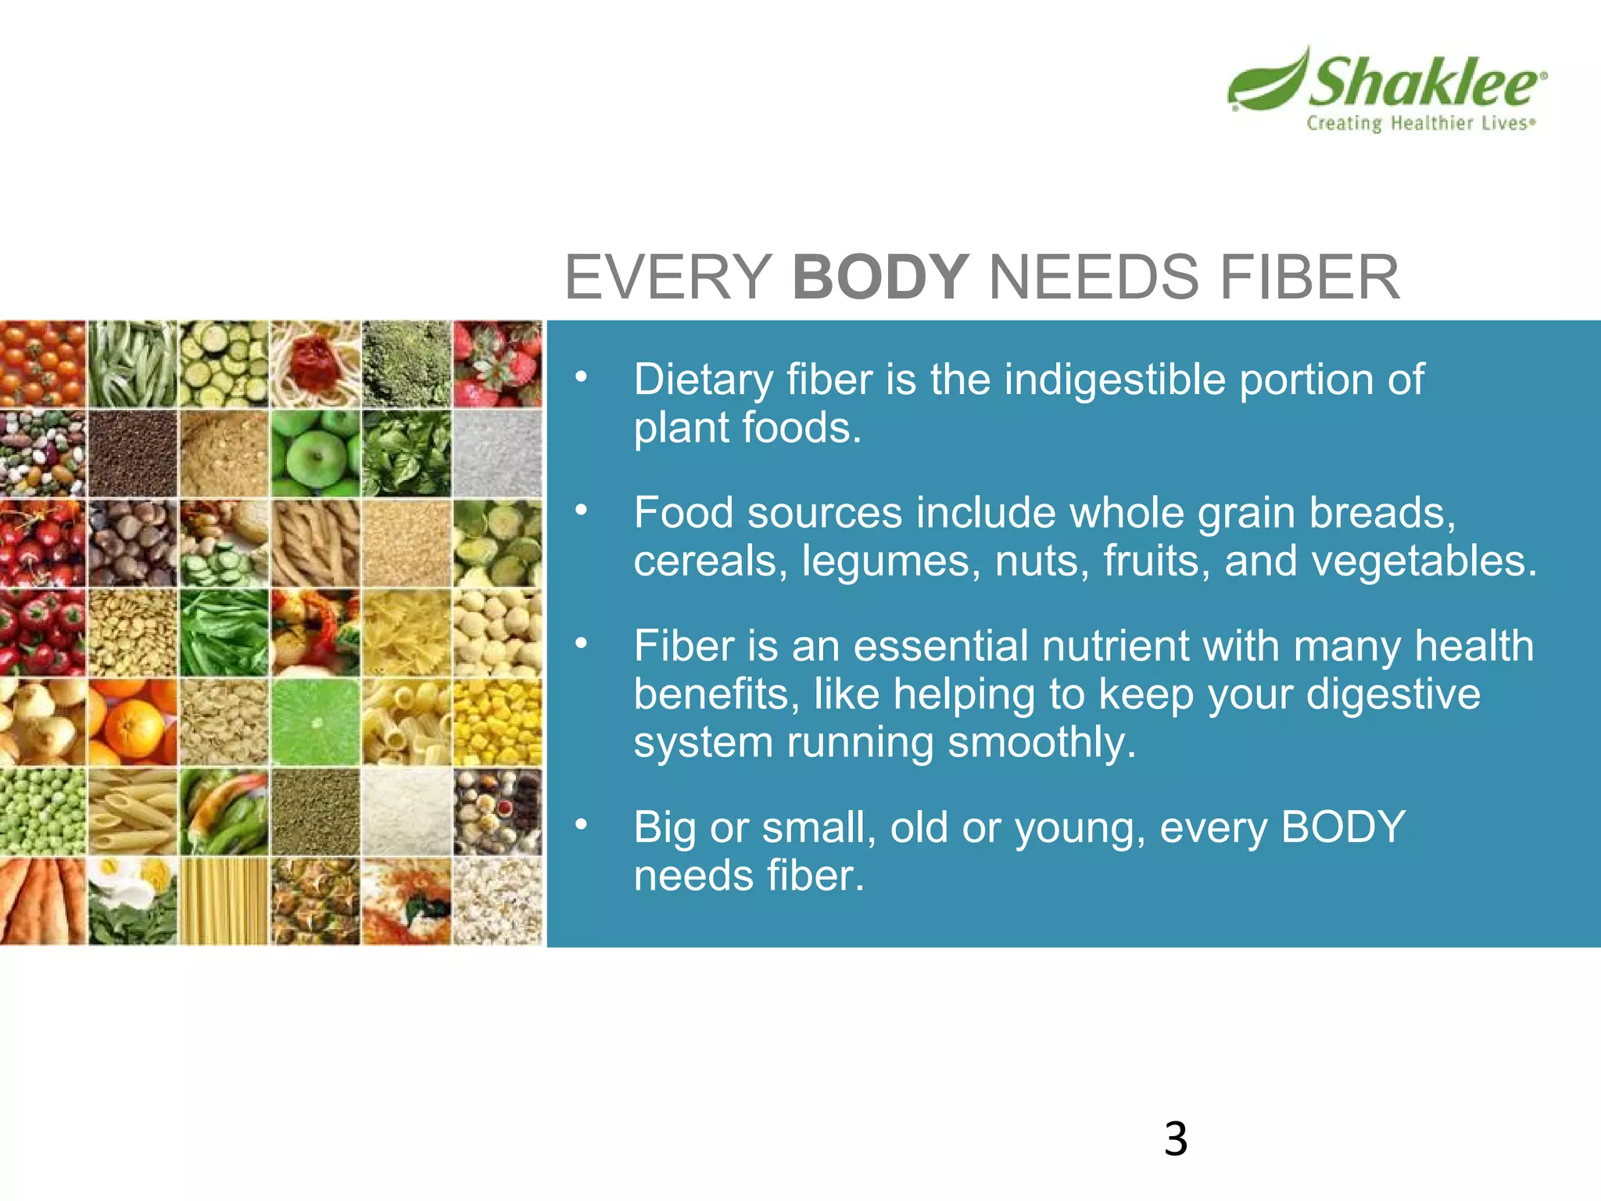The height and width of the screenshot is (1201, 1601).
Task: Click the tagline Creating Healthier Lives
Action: click(x=1420, y=124)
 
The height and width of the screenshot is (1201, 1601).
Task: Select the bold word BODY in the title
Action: click(x=880, y=278)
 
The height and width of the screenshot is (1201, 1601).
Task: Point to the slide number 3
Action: click(x=1175, y=1138)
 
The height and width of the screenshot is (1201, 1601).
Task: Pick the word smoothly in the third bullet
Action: click(x=1040, y=743)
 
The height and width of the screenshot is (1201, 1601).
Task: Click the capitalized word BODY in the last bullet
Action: click(x=1342, y=827)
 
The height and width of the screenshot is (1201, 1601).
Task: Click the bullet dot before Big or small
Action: click(x=580, y=825)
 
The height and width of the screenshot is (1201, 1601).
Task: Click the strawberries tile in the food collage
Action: click(x=497, y=364)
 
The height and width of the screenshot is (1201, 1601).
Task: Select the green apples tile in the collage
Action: click(x=315, y=454)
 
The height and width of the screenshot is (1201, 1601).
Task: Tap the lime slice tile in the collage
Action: click(x=315, y=722)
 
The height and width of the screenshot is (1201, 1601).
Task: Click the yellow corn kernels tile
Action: click(x=497, y=722)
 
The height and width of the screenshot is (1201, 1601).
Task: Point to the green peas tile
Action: click(x=42, y=812)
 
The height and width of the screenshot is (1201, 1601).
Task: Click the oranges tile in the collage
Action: click(x=132, y=722)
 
